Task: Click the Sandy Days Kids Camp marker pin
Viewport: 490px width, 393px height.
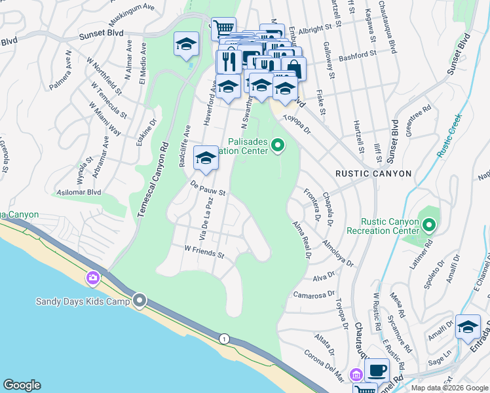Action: (140, 301)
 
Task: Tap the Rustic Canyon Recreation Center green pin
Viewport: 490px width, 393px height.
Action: (429, 226)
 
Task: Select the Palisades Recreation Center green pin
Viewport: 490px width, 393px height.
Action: (278, 145)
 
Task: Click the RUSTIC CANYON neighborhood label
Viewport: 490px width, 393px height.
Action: (373, 174)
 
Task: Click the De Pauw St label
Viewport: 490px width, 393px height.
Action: (208, 189)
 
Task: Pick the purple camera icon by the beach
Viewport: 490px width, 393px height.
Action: (92, 278)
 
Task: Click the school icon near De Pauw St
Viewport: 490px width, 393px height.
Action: (206, 159)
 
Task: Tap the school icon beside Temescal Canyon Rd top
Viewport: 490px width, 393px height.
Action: (186, 45)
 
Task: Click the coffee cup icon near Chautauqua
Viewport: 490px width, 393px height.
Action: (377, 370)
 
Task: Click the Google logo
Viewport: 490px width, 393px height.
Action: (22, 385)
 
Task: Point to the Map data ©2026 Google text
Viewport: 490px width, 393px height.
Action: (449, 388)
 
